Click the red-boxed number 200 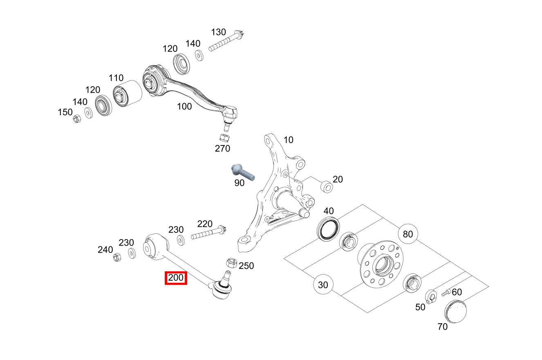(176, 278)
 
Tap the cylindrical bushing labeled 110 (127, 93)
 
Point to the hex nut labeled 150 (76, 119)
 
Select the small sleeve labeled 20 (326, 188)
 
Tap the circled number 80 (408, 234)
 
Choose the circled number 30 (323, 285)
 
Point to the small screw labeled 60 (446, 293)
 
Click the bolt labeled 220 (208, 233)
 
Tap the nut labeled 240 (116, 257)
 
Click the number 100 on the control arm (184, 107)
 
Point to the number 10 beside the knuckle (288, 140)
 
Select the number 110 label (116, 78)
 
